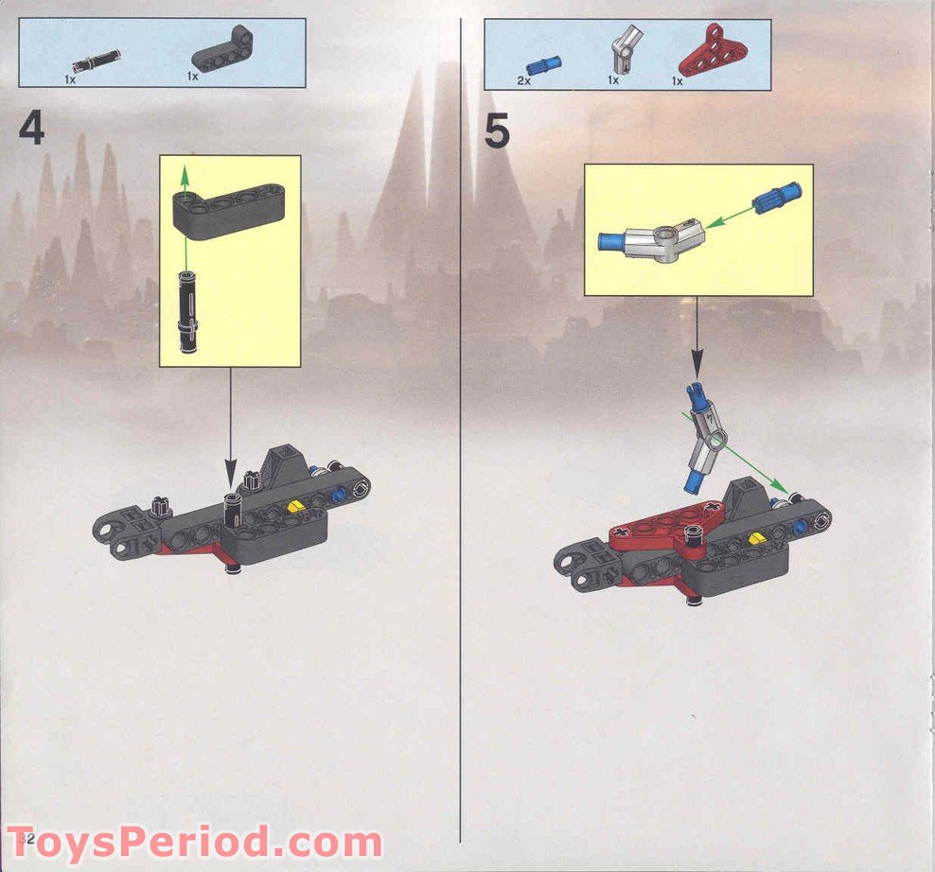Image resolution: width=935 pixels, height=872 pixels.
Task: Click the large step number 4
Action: click(31, 130)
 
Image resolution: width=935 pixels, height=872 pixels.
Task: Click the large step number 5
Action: click(497, 131)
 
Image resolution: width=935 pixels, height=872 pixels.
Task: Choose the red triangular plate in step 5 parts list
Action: click(706, 52)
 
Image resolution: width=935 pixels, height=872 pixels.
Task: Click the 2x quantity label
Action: click(523, 82)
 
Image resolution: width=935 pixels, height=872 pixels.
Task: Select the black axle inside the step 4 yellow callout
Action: click(186, 306)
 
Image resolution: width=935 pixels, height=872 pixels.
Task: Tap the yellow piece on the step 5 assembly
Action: click(756, 538)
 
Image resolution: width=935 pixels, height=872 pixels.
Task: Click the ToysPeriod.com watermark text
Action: click(195, 840)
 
